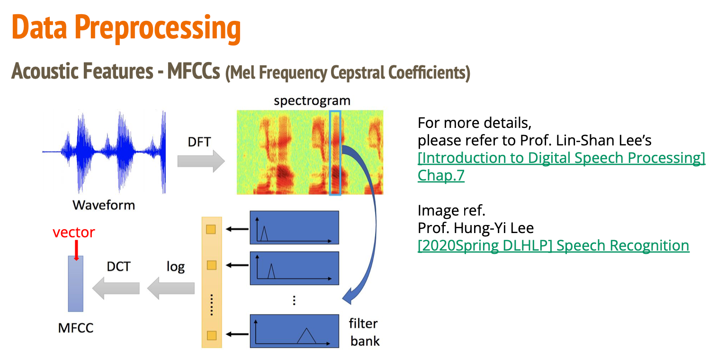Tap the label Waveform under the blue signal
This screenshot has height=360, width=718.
pos(103,205)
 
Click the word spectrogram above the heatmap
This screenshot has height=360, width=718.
pos(312,100)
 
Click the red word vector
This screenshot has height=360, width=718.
pos(73,233)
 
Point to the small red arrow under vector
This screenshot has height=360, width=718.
pos(75,251)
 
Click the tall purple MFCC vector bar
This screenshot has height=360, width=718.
pos(75,283)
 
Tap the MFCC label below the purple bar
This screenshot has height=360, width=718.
pos(76,327)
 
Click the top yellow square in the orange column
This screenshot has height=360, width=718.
pos(211,230)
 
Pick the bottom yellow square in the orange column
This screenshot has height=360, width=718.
pos(211,335)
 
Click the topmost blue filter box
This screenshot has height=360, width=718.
pos(294,228)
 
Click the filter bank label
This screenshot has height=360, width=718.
pos(364,332)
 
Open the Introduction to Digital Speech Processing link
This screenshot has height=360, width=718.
pos(561,158)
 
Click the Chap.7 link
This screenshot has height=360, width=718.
pos(441,175)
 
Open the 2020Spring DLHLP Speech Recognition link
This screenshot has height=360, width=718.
pos(553,245)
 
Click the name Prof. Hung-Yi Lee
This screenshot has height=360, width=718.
pos(476,228)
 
